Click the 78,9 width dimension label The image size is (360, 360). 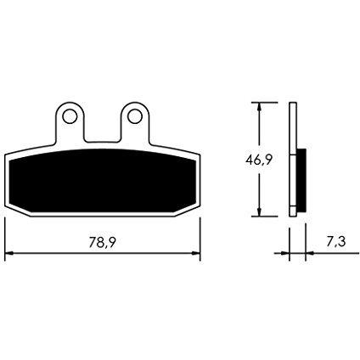tap(102, 243)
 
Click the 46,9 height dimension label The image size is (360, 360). tap(259, 160)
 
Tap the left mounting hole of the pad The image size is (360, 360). tap(70, 116)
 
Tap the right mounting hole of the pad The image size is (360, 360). tap(134, 116)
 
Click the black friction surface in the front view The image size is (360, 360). tap(102, 181)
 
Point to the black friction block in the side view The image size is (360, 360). tap(301, 181)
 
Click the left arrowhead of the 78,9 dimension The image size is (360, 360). tap(9, 253)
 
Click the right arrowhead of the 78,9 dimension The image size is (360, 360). tap(196, 253)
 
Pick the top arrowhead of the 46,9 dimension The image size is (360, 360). tap(259, 107)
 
